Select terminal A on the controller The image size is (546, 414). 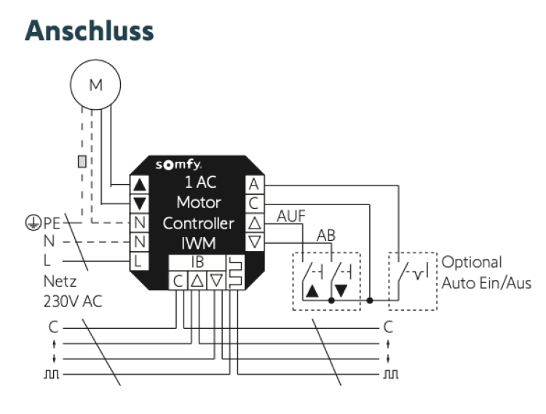tap(253, 184)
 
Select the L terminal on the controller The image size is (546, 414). tap(138, 260)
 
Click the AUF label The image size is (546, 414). tap(291, 215)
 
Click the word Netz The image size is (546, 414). tap(59, 282)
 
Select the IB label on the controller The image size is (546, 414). tap(197, 261)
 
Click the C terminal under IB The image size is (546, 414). tap(178, 280)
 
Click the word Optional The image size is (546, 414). tap(472, 262)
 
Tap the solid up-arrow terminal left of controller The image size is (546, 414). tap(138, 184)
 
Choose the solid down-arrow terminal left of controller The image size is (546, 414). tap(138, 203)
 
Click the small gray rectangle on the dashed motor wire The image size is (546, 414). tap(82, 160)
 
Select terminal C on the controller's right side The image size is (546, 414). tap(253, 203)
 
